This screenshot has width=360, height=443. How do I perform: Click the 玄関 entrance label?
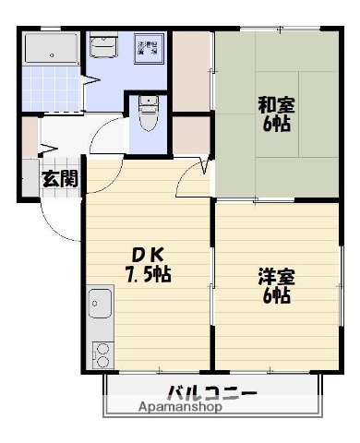coord(58,179)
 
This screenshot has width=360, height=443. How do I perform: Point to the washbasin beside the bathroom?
coord(103,46)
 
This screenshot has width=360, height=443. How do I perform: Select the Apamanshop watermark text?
coord(181,407)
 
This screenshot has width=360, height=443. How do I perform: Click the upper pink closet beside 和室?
coord(192,70)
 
